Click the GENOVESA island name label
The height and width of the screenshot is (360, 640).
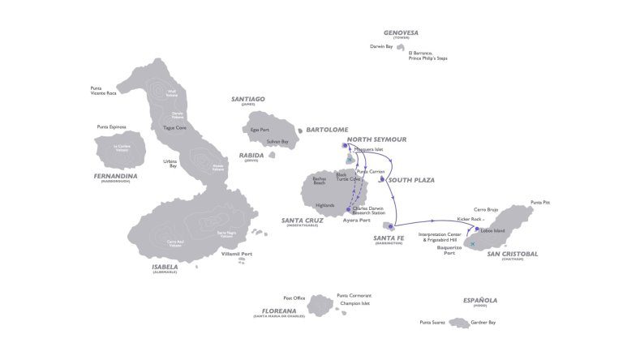401,32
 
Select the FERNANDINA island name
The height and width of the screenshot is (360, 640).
114,175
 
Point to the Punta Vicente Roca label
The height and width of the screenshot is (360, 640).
103,91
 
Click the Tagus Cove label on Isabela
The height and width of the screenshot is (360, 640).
174,127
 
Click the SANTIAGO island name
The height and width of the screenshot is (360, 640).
248,99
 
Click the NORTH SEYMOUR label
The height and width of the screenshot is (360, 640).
376,139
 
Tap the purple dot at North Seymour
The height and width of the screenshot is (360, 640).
346,146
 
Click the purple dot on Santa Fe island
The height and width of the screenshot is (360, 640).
391,225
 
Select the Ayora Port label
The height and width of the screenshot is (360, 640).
356,220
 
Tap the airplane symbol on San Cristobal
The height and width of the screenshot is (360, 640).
470,243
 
